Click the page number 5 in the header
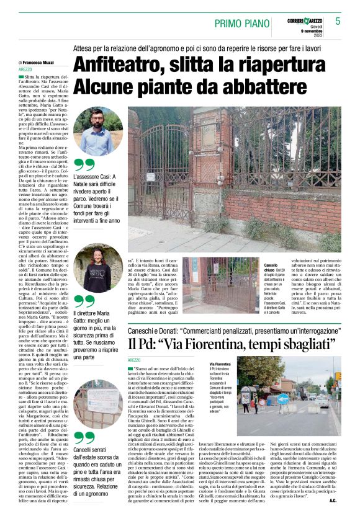click(x=338, y=21)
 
